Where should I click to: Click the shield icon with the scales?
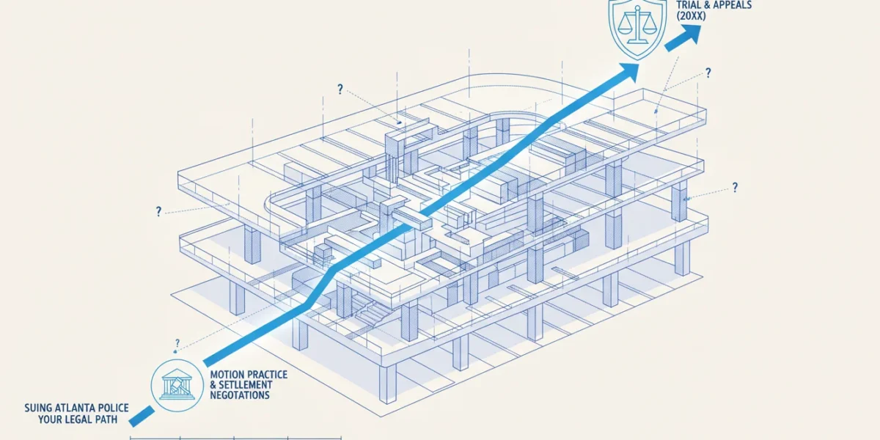(x=637, y=28)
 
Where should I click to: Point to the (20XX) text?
(x=691, y=16)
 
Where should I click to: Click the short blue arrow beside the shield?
(x=683, y=37)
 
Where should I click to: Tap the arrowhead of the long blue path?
(x=628, y=72)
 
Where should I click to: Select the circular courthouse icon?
(x=177, y=386)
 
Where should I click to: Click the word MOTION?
(x=227, y=375)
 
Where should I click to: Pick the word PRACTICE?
(x=266, y=375)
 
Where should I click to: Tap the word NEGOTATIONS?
(x=240, y=395)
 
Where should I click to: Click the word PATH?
(x=105, y=419)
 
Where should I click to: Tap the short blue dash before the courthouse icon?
(x=142, y=417)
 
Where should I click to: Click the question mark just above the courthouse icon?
(x=177, y=343)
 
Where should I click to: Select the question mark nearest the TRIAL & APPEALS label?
(x=708, y=73)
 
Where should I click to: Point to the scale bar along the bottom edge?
(x=235, y=438)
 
